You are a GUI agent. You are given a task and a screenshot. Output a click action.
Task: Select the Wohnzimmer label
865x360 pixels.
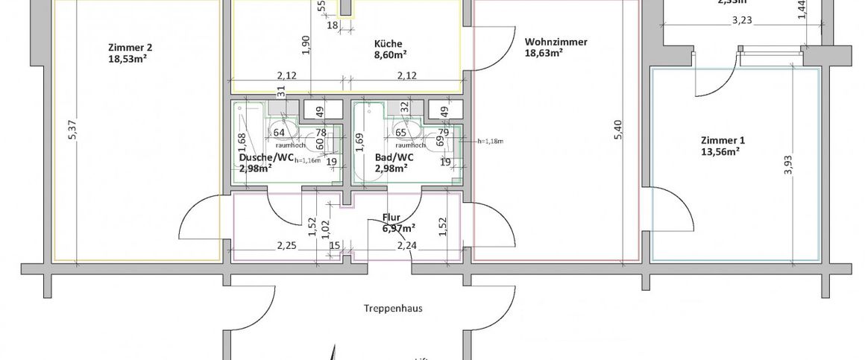click(x=556, y=42)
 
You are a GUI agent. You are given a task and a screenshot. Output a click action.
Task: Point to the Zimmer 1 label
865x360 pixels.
click(x=723, y=140)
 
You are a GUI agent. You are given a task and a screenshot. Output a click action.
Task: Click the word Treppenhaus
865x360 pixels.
click(x=394, y=308)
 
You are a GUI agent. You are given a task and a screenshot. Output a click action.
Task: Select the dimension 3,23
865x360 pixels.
click(x=742, y=21)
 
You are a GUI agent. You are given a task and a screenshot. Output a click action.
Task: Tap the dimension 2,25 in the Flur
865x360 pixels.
click(x=287, y=245)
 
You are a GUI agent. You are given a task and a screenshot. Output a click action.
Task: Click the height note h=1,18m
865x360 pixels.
click(x=491, y=141)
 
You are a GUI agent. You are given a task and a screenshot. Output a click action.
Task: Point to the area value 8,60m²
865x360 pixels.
click(x=390, y=54)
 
